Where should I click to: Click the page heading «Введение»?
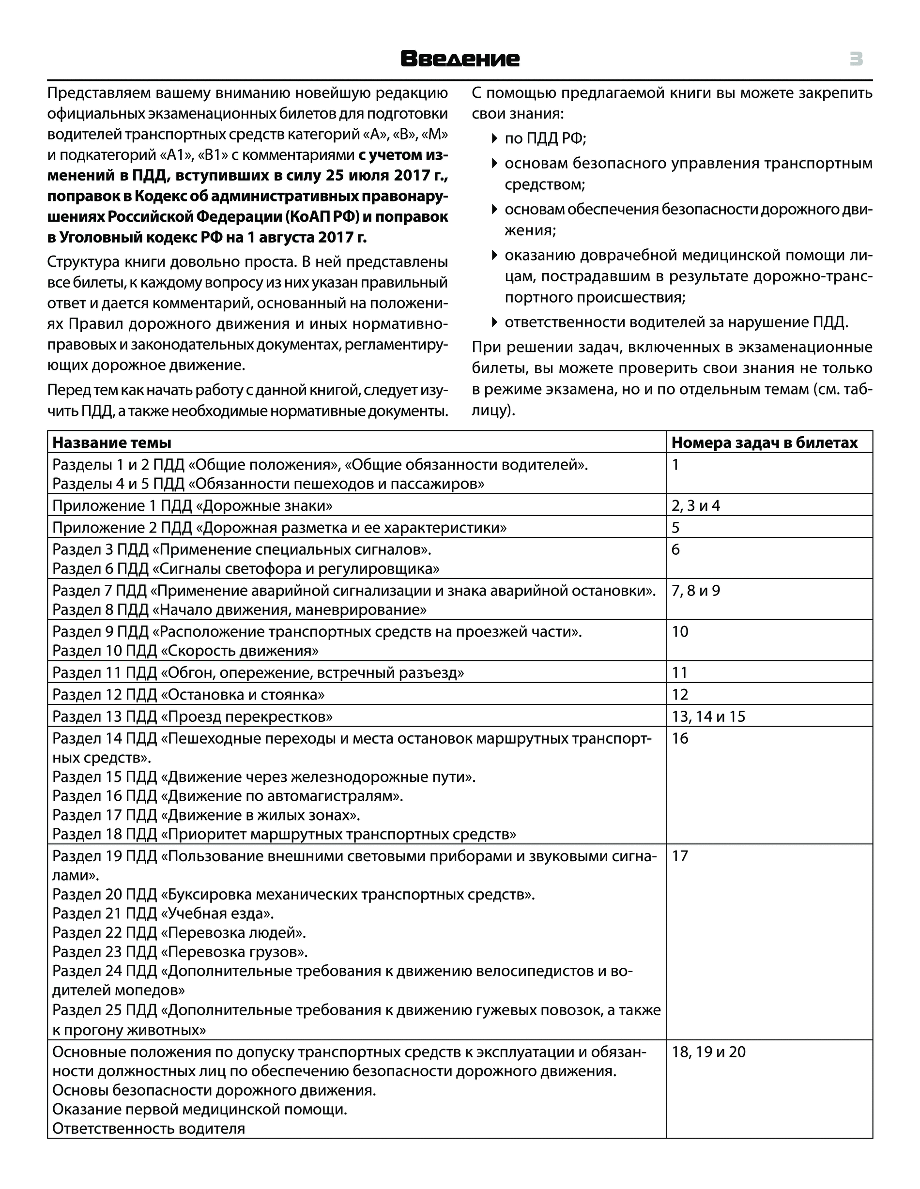460,59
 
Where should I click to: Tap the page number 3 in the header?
856,59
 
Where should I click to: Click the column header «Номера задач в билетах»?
764,442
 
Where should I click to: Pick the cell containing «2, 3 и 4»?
696,506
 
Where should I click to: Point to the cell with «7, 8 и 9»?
696,591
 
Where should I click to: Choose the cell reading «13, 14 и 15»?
708,716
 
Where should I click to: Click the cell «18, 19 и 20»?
708,1052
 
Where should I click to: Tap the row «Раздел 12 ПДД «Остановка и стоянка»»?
188,695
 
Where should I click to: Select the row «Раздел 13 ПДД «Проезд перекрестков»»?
192,716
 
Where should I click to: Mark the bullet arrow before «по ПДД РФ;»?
494,139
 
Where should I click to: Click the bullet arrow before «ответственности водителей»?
494,322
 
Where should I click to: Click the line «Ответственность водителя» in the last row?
149,1128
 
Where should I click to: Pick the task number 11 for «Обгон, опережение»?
680,673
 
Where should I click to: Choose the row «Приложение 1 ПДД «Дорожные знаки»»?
192,506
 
